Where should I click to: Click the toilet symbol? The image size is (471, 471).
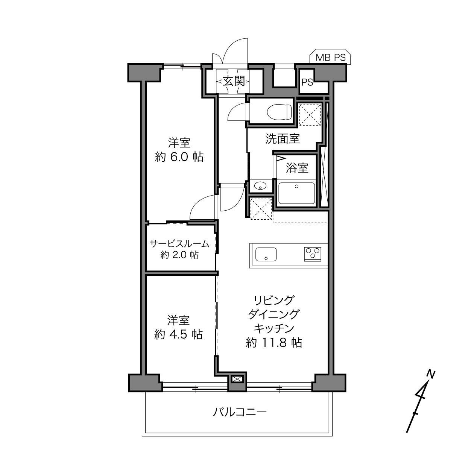279,112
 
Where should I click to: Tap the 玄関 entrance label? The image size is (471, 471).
234,81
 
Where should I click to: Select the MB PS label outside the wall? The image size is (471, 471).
330,58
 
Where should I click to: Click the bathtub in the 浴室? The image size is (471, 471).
296,193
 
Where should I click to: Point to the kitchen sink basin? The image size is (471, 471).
266,254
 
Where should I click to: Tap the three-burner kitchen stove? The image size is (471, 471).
313,254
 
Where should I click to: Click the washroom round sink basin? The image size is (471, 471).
260,186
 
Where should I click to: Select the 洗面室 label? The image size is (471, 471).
283,138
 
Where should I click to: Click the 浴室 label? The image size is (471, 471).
297,168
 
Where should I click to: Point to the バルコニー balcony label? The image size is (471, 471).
240,412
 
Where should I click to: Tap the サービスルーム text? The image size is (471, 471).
179,244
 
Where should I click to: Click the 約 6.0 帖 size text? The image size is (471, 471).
179,156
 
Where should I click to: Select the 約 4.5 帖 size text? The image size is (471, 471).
178,334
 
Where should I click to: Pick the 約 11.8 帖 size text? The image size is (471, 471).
274,343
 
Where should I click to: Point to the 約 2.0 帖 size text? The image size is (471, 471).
179,255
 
